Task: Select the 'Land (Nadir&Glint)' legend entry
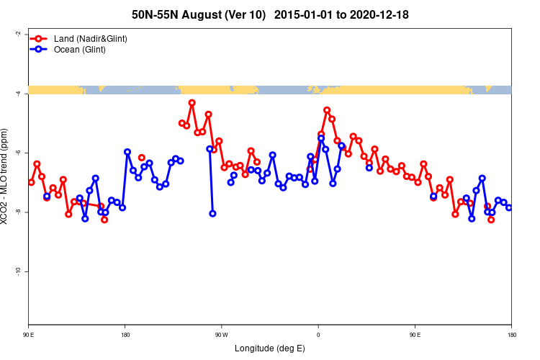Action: coord(91,38)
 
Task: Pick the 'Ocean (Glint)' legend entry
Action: coord(80,50)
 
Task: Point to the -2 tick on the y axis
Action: coord(18,34)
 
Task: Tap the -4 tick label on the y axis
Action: coord(18,93)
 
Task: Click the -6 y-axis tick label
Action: coord(18,153)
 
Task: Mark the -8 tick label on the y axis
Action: coord(18,212)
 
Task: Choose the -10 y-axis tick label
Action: coord(18,271)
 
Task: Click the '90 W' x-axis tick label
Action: coord(221,335)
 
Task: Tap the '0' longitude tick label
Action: coord(318,335)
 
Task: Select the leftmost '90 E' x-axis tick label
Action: coord(29,335)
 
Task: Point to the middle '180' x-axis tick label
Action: coord(125,335)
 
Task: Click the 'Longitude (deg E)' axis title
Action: coord(270,348)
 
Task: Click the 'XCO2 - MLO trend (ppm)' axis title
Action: coord(6,177)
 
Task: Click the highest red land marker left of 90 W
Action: coord(192,103)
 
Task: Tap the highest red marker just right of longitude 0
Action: coord(327,110)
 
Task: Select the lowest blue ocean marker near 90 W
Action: coord(212,213)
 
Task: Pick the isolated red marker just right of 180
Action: coord(142,157)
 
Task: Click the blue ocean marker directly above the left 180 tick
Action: coord(127,152)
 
